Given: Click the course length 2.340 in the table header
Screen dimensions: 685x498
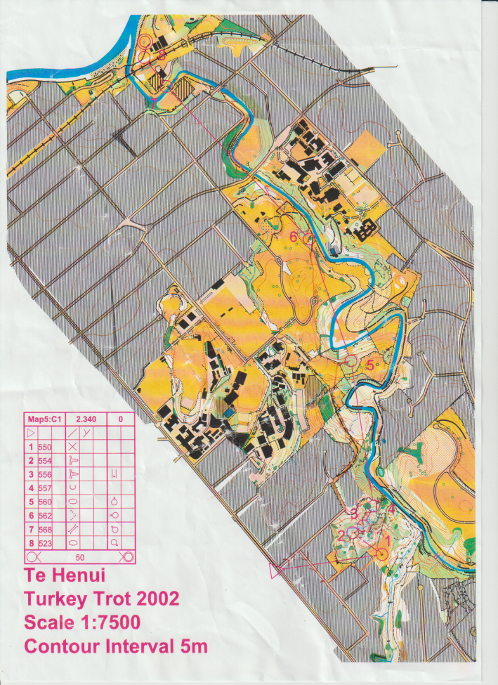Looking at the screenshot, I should [86, 419].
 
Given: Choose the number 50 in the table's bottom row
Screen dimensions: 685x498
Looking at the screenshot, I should [80, 556].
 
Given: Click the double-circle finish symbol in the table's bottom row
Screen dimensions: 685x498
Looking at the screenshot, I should [126, 556].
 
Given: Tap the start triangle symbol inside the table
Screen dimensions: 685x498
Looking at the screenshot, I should [31, 432].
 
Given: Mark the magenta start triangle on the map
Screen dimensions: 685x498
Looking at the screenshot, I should [280, 568].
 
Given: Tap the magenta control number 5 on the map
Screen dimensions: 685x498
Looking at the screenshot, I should [370, 365].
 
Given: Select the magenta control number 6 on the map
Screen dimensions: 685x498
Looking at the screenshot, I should [294, 236].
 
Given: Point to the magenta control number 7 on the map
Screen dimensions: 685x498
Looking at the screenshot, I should [154, 103].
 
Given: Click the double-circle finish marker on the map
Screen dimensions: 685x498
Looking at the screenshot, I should [144, 41].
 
